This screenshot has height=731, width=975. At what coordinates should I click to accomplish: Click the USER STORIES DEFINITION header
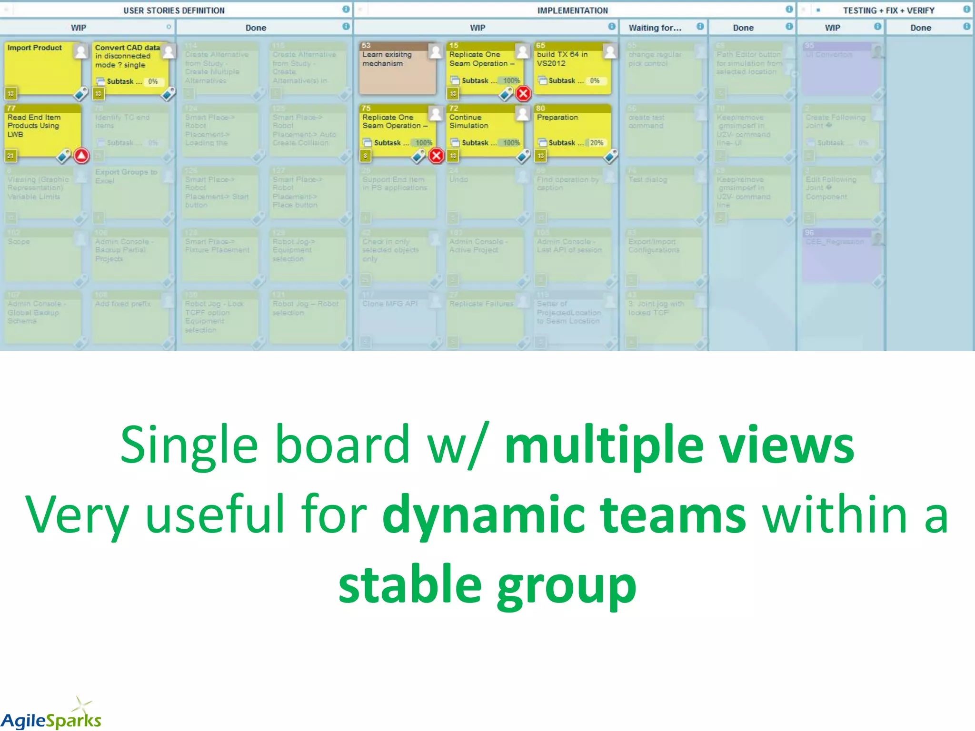(x=174, y=10)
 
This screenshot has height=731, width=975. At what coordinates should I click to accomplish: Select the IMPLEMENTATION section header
(x=572, y=10)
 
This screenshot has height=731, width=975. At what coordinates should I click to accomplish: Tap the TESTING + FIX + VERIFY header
(x=888, y=10)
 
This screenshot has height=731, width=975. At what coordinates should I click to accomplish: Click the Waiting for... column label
(x=655, y=28)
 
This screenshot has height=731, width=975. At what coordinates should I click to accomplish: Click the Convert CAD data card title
(x=126, y=56)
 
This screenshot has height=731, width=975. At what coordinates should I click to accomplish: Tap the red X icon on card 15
(x=523, y=93)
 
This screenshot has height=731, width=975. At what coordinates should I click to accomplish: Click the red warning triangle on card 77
(x=81, y=156)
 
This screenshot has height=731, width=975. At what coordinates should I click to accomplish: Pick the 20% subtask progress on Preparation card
(x=596, y=143)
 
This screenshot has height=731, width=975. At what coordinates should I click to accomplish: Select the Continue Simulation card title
(x=468, y=121)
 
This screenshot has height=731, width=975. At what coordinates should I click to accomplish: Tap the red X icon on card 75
(x=436, y=156)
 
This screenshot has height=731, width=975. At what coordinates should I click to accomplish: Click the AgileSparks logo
(x=51, y=716)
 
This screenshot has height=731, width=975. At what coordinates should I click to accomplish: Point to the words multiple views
(x=679, y=445)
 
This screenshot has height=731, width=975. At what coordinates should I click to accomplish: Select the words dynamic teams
(x=564, y=515)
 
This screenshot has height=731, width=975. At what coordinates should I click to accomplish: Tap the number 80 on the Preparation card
(x=540, y=108)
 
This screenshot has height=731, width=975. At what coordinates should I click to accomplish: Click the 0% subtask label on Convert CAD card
(x=153, y=81)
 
